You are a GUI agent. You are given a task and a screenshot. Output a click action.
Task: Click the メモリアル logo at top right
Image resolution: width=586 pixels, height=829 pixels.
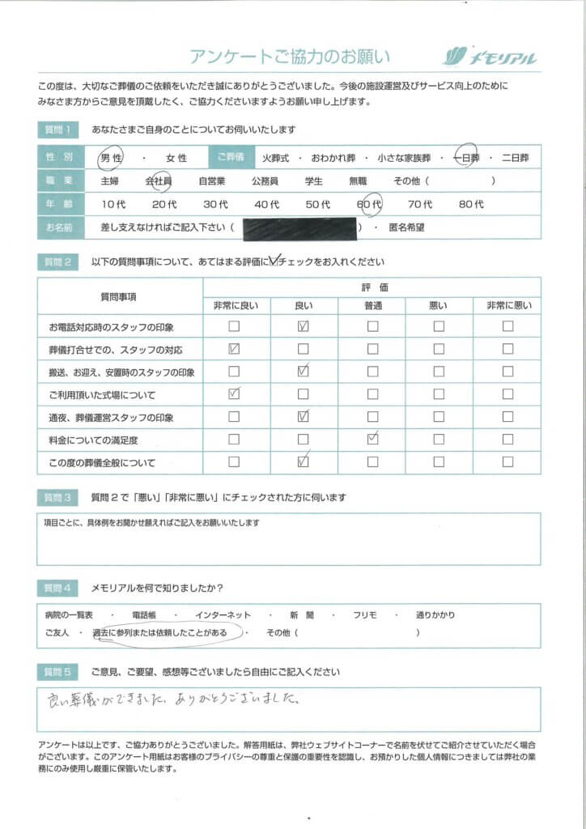[x=490, y=57]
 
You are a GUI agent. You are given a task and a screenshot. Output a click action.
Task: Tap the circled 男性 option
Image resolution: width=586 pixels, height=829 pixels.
[x=111, y=158]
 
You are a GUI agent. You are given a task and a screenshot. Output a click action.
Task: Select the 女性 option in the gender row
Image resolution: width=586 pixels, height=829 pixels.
[x=176, y=158]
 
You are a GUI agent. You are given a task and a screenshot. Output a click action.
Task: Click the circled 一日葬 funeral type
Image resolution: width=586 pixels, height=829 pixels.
[x=468, y=158]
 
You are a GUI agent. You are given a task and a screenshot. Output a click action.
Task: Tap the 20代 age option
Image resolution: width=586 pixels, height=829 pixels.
[x=163, y=205]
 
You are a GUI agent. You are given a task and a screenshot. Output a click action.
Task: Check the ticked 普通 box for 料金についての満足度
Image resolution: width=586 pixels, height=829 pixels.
[x=372, y=440]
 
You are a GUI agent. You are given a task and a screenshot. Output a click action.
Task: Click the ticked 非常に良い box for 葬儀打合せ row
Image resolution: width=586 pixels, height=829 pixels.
[x=234, y=350]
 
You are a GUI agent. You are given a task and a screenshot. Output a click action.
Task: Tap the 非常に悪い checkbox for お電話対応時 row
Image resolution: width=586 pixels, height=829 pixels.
[x=507, y=327]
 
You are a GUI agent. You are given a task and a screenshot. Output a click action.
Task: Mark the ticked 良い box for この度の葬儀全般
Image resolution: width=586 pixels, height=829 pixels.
[x=304, y=462]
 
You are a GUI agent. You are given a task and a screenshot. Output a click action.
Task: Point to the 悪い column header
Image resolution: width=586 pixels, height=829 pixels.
[x=438, y=304]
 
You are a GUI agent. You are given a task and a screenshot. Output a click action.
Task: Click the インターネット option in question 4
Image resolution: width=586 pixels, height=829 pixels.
[x=218, y=615]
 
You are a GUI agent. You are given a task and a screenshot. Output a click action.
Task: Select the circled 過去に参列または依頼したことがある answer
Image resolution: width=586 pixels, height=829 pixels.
[x=167, y=631]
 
